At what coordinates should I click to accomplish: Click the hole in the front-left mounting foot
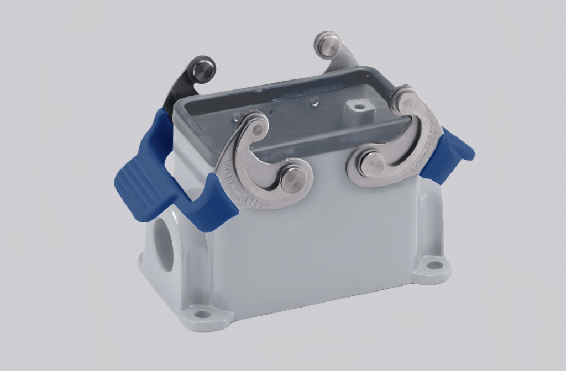[x=203, y=314]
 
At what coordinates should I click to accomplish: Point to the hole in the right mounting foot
[x=435, y=264]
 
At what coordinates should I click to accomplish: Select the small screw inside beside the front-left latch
[x=237, y=115]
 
